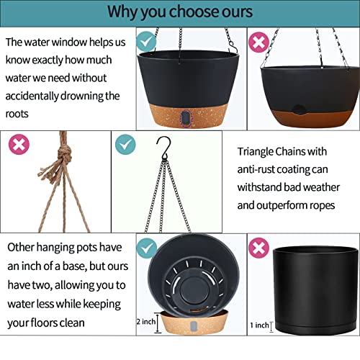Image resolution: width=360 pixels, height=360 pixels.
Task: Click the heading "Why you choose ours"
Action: pyautogui.click(x=180, y=12)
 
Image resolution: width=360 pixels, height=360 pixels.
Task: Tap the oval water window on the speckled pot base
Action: pyautogui.click(x=186, y=118)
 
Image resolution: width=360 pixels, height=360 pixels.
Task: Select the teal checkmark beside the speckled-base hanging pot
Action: pyautogui.click(x=146, y=41)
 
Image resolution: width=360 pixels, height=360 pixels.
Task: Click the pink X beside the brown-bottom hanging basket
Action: pyautogui.click(x=258, y=42)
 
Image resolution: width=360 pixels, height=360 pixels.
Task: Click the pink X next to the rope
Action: pyautogui.click(x=19, y=144)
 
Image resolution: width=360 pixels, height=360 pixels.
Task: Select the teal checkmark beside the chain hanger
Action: pyautogui.click(x=125, y=144)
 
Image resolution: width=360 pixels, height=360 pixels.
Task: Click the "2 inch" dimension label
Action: pyautogui.click(x=146, y=322)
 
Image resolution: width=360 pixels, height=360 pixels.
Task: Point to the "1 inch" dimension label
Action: pyautogui.click(x=259, y=325)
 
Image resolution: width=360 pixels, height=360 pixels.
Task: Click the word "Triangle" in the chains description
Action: pyautogui.click(x=256, y=152)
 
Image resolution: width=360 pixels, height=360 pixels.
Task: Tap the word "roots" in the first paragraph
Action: pyautogui.click(x=17, y=114)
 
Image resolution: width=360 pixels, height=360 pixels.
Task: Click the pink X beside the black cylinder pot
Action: pyautogui.click(x=258, y=248)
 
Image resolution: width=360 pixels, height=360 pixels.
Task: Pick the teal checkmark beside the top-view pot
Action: pyautogui.click(x=147, y=248)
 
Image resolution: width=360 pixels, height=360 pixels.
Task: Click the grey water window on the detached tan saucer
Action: pyautogui.click(x=194, y=326)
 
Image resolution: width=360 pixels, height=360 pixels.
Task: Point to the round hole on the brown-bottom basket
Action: pyautogui.click(x=298, y=110)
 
